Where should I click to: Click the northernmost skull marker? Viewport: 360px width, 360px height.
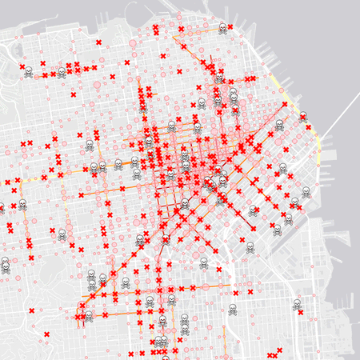point(222,28)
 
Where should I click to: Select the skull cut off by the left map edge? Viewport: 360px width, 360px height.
point(2,209)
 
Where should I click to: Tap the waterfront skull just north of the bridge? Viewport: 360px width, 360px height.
point(305,117)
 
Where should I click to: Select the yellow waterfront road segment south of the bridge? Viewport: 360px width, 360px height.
point(319,144)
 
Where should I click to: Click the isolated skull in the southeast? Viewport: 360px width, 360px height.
point(297,304)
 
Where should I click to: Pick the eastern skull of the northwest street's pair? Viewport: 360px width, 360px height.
point(61,72)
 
